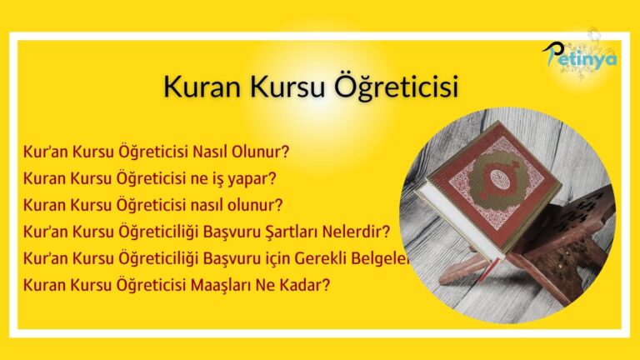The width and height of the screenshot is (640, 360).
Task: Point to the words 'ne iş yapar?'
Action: (x=234, y=178)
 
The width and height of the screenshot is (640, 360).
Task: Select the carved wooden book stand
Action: (x=575, y=242)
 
